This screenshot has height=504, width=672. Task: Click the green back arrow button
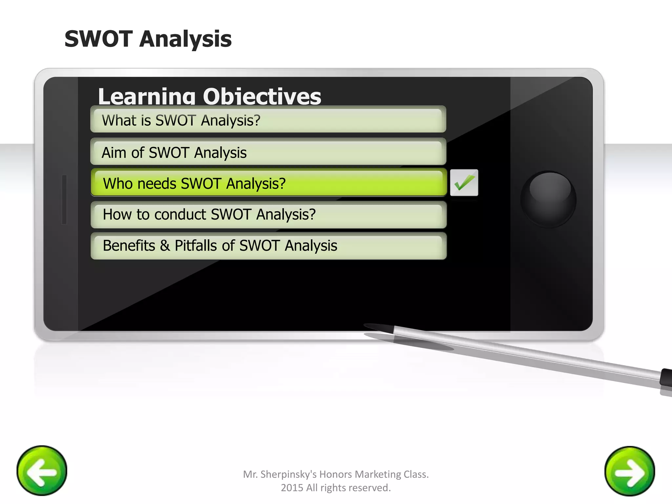coord(42,471)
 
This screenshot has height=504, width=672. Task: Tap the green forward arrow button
coord(630,471)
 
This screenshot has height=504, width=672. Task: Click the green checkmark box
coord(464,183)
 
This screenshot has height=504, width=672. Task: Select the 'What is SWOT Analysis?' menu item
coord(268,120)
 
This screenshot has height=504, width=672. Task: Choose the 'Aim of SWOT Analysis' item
coord(268,152)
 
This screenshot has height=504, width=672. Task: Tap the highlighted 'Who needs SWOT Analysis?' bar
coord(268,183)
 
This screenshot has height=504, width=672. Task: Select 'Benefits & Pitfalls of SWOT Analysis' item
coord(268,246)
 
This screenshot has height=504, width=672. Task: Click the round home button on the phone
coord(548,199)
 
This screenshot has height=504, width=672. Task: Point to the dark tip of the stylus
coord(377,327)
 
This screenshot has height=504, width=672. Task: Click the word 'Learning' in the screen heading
coord(146,97)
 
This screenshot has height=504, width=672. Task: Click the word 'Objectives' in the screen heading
coord(262,97)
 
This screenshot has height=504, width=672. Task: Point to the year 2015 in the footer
coord(292,488)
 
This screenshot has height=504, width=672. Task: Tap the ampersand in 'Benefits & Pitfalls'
coord(165,246)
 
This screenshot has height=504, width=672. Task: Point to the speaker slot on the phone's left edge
coord(64,199)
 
